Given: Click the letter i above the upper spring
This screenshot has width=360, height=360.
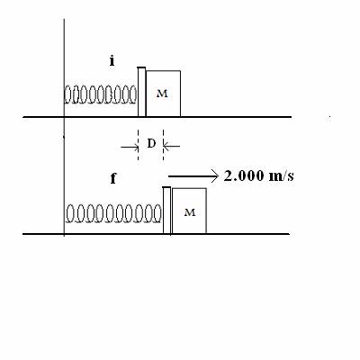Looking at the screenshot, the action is coord(112,61).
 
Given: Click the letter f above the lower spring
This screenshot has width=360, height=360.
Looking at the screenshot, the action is coord(113,178).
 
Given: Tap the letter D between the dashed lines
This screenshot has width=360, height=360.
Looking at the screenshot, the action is coord(151,144).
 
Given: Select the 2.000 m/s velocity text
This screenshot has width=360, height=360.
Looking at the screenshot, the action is coord(258,175).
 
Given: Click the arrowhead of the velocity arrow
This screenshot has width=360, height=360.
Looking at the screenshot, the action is coord(215,176).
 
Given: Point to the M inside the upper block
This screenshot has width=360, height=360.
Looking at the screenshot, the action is coord(162,94).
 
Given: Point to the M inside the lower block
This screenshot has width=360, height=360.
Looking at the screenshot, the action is coord(190,212).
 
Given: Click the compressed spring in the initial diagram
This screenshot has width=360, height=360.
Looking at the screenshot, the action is coord(100,94).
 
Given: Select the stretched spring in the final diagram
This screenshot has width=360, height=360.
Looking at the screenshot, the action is coord(113,213).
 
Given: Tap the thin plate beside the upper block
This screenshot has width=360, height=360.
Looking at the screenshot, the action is coord(141,92).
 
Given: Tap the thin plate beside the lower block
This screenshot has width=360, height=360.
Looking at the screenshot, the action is coord(166,210).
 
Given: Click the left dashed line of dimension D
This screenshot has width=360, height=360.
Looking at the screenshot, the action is coord(138,145).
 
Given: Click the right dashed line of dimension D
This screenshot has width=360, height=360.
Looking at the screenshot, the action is coord(164,145).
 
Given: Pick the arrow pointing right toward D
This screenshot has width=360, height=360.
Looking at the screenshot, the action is coord(130,147).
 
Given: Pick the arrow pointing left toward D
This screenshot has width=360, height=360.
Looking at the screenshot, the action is coord(172,147).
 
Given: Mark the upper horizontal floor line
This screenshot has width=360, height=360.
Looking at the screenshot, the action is coord(157,117).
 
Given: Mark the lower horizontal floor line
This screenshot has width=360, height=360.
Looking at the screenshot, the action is coord(157,234).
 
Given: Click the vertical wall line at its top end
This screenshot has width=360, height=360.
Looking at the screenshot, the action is coord(64,19).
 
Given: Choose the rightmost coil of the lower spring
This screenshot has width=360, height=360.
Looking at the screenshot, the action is coord(157,213).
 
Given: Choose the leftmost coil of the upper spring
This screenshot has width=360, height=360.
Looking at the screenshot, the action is coord(68,94).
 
